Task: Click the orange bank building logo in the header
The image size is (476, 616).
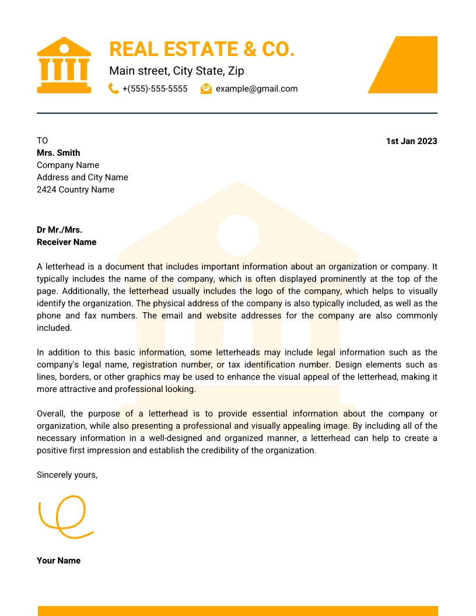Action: [64, 65]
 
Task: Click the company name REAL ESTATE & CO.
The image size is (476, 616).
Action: [202, 49]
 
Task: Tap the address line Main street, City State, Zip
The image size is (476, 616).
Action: [176, 71]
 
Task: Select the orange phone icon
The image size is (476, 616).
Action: [114, 89]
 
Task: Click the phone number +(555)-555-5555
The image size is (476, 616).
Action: [155, 89]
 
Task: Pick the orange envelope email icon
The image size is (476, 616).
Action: [206, 89]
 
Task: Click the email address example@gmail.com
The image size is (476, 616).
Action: [257, 89]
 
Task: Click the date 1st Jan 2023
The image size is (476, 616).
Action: [411, 141]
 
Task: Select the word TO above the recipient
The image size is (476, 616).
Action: [43, 141]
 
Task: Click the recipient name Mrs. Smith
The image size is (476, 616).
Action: [58, 153]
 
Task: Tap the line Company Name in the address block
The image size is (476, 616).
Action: [68, 165]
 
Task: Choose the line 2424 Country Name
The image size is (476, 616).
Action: [75, 190]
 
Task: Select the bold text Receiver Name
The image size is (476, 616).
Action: [66, 242]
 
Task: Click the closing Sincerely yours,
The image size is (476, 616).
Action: [67, 475]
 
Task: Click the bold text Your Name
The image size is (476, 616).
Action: [58, 561]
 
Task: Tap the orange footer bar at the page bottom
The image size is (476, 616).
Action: [238, 611]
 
